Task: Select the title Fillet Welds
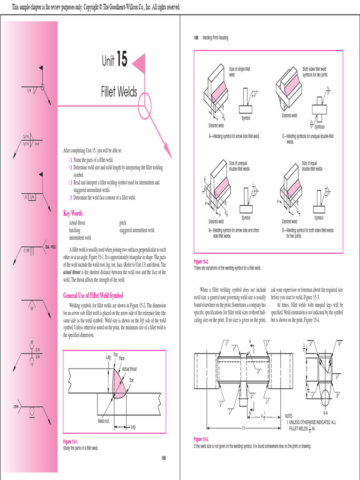point(119,91)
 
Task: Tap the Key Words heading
point(73,213)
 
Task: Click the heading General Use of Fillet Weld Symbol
point(93,295)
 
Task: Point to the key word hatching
point(75,230)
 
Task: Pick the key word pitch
point(122,223)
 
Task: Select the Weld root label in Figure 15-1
point(103,421)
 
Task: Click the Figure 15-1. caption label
point(70,442)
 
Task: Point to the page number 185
point(163,458)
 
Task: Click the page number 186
point(196,38)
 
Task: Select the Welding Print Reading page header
point(215,38)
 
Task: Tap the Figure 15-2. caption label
point(201,262)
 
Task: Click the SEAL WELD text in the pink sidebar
point(50,246)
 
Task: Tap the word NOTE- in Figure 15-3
point(290,416)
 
